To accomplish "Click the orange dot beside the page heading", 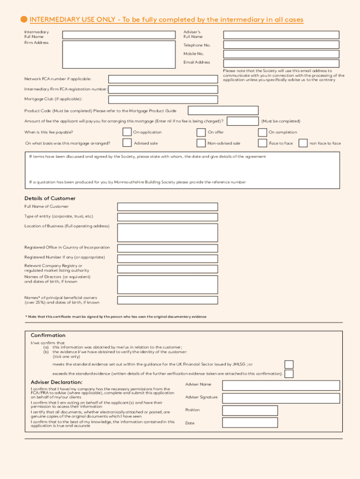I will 24,19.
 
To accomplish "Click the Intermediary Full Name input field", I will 119,35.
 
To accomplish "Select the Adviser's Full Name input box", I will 281,35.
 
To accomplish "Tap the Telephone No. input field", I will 281,45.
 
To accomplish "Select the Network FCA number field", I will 163,79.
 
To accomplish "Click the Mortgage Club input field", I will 163,100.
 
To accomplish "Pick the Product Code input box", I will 223,110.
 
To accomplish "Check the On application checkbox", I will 127,132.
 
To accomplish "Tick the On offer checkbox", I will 201,132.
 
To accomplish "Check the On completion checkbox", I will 262,132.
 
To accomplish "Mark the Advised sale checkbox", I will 127,143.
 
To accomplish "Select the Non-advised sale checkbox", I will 201,143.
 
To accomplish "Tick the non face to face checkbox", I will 303,143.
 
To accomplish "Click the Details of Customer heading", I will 50,198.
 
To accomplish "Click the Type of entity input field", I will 167,217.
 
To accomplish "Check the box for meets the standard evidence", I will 289,364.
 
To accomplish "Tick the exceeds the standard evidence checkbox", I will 289,374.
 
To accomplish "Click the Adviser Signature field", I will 281,398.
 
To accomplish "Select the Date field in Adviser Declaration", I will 250,423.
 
